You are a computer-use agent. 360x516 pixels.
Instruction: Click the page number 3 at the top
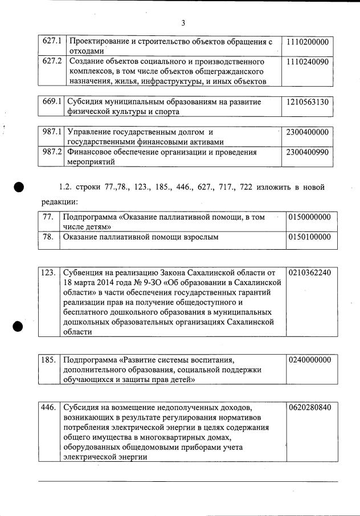(x=183, y=23)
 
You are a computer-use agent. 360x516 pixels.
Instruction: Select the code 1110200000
(x=308, y=42)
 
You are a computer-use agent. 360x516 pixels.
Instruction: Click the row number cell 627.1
(x=52, y=42)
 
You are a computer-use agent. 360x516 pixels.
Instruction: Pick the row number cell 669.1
(x=52, y=102)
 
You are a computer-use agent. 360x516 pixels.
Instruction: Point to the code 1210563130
(x=308, y=102)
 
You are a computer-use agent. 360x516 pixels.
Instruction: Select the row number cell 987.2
(x=52, y=152)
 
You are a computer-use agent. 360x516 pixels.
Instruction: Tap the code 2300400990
(x=308, y=152)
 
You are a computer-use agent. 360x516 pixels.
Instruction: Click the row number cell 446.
(x=48, y=408)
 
